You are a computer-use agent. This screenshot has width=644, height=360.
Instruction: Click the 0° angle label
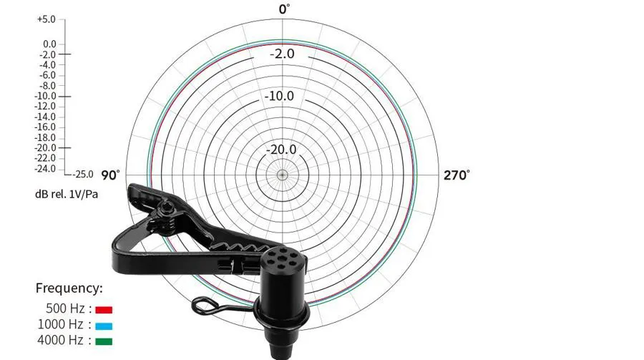284,9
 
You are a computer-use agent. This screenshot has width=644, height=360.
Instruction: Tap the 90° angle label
111,175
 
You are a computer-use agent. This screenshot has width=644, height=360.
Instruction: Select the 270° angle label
457,175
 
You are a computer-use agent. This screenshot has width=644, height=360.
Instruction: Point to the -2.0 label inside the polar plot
282,54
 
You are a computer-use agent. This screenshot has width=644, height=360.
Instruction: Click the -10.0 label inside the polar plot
279,96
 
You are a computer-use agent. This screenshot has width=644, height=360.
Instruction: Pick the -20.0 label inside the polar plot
281,150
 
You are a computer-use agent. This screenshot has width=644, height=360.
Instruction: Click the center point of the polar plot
282,175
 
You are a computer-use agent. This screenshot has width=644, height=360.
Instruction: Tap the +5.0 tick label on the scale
46,19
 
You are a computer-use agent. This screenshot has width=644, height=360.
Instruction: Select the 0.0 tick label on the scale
49,44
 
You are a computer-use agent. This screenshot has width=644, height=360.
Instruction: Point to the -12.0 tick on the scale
45,107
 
